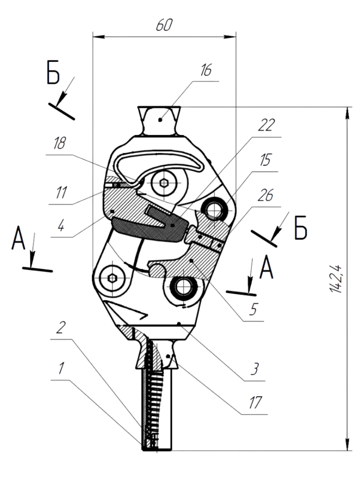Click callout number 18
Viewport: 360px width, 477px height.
coord(59,144)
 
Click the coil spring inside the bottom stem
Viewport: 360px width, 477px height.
coord(152,389)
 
